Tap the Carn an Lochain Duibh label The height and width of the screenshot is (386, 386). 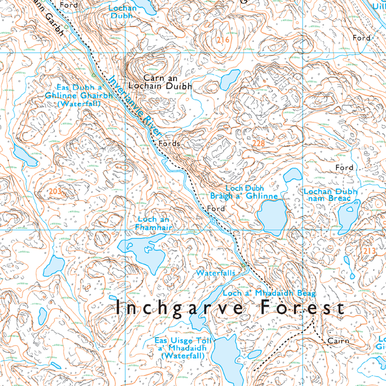[168, 82]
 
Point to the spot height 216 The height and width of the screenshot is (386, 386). [222, 39]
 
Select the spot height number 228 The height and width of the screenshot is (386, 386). [259, 143]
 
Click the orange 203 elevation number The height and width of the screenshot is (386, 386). [55, 192]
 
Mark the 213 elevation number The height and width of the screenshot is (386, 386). [369, 250]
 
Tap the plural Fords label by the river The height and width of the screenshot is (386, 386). [169, 144]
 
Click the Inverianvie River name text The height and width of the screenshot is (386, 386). [136, 107]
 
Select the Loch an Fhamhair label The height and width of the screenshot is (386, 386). [154, 222]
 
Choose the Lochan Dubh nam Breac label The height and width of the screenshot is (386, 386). [331, 195]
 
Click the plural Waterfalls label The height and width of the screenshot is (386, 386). [215, 273]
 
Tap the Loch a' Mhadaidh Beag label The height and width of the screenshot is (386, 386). [269, 293]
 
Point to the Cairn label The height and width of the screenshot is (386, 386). [338, 341]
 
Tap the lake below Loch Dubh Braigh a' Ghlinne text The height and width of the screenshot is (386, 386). [272, 216]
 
